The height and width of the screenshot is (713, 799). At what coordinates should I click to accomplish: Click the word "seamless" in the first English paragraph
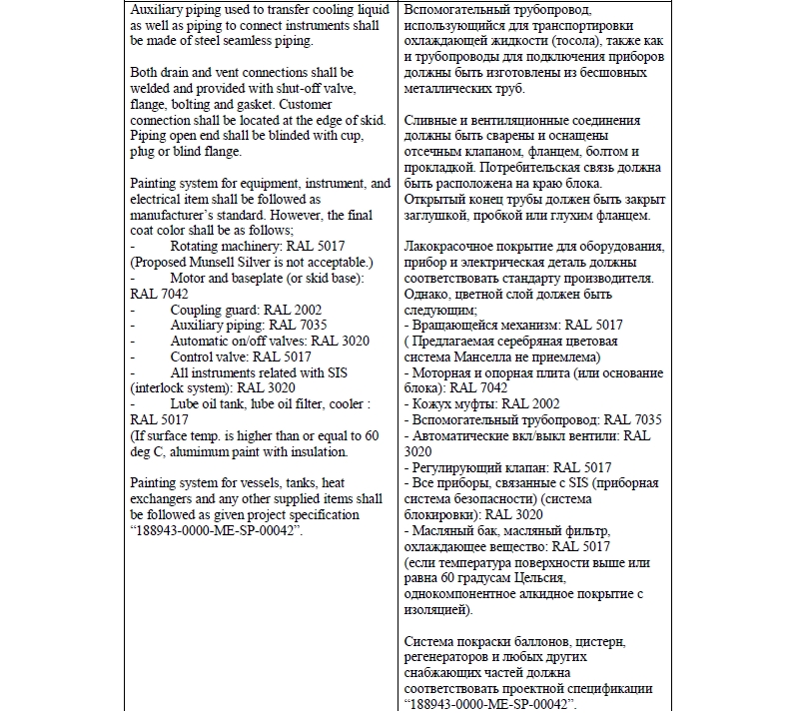pyautogui.click(x=237, y=40)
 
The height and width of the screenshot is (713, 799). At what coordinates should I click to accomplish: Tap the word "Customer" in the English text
pyautogui.click(x=343, y=104)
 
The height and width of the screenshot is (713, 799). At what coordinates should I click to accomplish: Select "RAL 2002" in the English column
pyautogui.click(x=281, y=310)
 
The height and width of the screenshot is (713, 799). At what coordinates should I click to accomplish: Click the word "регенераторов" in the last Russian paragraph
pyautogui.click(x=451, y=657)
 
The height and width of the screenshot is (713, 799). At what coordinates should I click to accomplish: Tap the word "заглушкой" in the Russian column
pyautogui.click(x=443, y=215)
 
